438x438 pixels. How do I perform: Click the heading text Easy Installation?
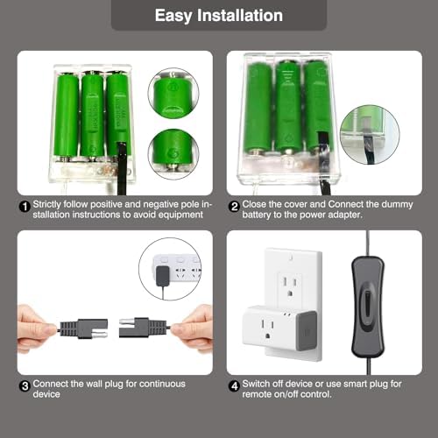tap(219, 15)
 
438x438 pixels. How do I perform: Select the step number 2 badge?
tap(235, 206)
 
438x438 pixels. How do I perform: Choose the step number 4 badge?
tap(235, 385)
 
